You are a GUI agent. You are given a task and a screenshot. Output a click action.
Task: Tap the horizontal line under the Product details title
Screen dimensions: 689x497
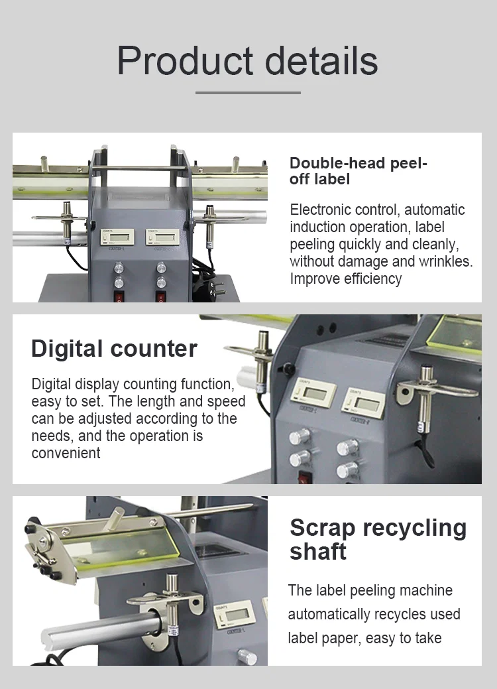coord(248,92)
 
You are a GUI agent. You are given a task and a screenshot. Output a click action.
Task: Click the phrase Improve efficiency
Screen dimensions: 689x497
coord(346,279)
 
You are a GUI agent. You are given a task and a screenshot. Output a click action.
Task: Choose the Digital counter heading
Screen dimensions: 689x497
coord(114,349)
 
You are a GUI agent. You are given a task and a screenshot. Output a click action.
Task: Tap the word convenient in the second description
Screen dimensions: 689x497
coord(66,454)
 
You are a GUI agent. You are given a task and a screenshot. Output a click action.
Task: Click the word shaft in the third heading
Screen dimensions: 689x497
coord(318,551)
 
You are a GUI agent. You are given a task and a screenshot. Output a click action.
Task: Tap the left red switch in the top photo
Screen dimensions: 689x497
coord(119,296)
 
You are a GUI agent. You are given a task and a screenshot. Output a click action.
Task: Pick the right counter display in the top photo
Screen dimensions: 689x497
coord(162,237)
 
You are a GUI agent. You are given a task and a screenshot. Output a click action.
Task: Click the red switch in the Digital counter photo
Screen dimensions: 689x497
coord(306,477)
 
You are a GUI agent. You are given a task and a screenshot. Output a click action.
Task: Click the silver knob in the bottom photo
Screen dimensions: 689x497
coord(247,658)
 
